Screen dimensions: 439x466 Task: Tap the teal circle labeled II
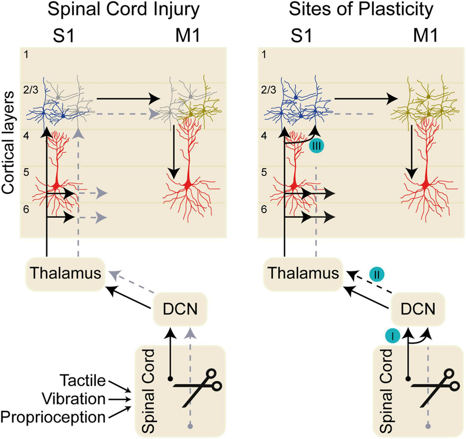tap(376, 275)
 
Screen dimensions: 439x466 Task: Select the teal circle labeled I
tap(393, 336)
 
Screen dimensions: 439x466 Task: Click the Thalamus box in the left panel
tap(65, 273)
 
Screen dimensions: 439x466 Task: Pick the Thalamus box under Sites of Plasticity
tap(303, 273)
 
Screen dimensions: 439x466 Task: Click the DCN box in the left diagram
tap(180, 309)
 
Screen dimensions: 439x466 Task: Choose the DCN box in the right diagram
tap(418, 309)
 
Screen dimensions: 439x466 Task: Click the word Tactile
tap(82, 380)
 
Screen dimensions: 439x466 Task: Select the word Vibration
tap(73, 399)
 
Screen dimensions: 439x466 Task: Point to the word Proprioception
tap(53, 417)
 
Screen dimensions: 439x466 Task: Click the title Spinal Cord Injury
tap(123, 9)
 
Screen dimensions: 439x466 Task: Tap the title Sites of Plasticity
tap(361, 9)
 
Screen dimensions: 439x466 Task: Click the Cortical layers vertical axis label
tap(8, 142)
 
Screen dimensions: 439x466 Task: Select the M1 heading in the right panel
tap(425, 36)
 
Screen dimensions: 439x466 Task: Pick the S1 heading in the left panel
tap(63, 36)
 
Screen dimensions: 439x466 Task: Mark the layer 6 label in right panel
tap(264, 209)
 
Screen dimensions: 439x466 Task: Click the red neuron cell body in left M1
tap(188, 186)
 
